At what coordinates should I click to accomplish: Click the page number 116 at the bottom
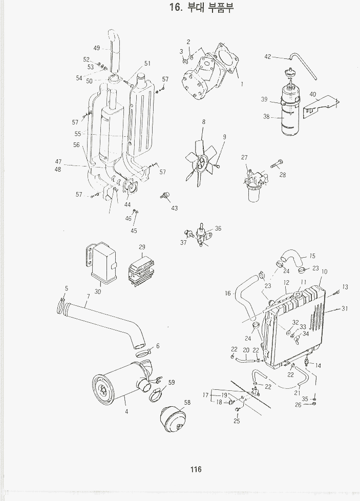click(x=195, y=469)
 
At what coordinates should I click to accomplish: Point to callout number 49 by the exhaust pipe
click(x=96, y=48)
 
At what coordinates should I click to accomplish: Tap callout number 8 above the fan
click(x=203, y=122)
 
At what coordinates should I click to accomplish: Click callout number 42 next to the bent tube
click(x=267, y=57)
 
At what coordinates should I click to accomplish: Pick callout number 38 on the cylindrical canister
click(x=266, y=117)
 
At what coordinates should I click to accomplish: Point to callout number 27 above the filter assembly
click(x=244, y=157)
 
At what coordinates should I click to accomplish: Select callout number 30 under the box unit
click(x=97, y=291)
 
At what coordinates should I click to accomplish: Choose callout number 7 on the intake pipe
click(x=88, y=297)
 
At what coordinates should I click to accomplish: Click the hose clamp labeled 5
click(x=62, y=307)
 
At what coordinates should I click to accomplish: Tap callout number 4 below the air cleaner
click(x=126, y=411)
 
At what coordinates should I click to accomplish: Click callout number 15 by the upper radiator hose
click(x=312, y=256)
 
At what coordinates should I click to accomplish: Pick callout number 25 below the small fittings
click(x=237, y=421)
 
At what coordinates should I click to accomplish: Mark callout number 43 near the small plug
click(x=175, y=208)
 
